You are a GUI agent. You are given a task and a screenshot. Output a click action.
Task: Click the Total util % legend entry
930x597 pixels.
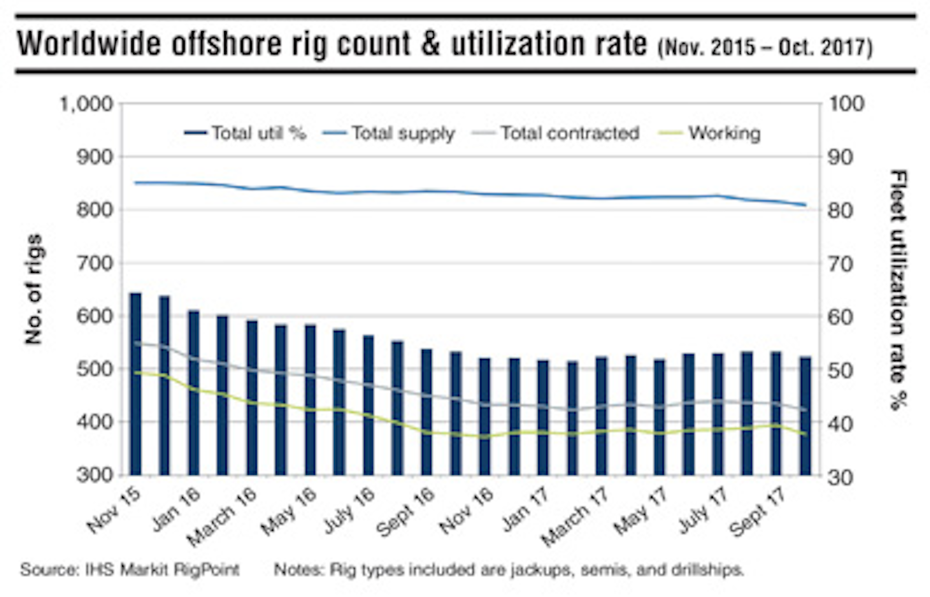tap(245, 134)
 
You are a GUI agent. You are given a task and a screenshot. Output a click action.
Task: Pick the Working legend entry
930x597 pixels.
tap(710, 134)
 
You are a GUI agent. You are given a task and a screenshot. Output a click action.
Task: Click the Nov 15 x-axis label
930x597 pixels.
tap(114, 511)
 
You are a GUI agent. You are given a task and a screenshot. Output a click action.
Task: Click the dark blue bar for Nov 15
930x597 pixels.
tap(136, 384)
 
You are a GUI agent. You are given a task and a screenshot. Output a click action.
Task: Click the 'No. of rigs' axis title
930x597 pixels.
tap(34, 289)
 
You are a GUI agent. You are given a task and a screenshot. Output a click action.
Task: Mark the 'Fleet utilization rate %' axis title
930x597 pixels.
tap(898, 289)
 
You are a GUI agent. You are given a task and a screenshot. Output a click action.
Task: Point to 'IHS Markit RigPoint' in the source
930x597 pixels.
tap(162, 570)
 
